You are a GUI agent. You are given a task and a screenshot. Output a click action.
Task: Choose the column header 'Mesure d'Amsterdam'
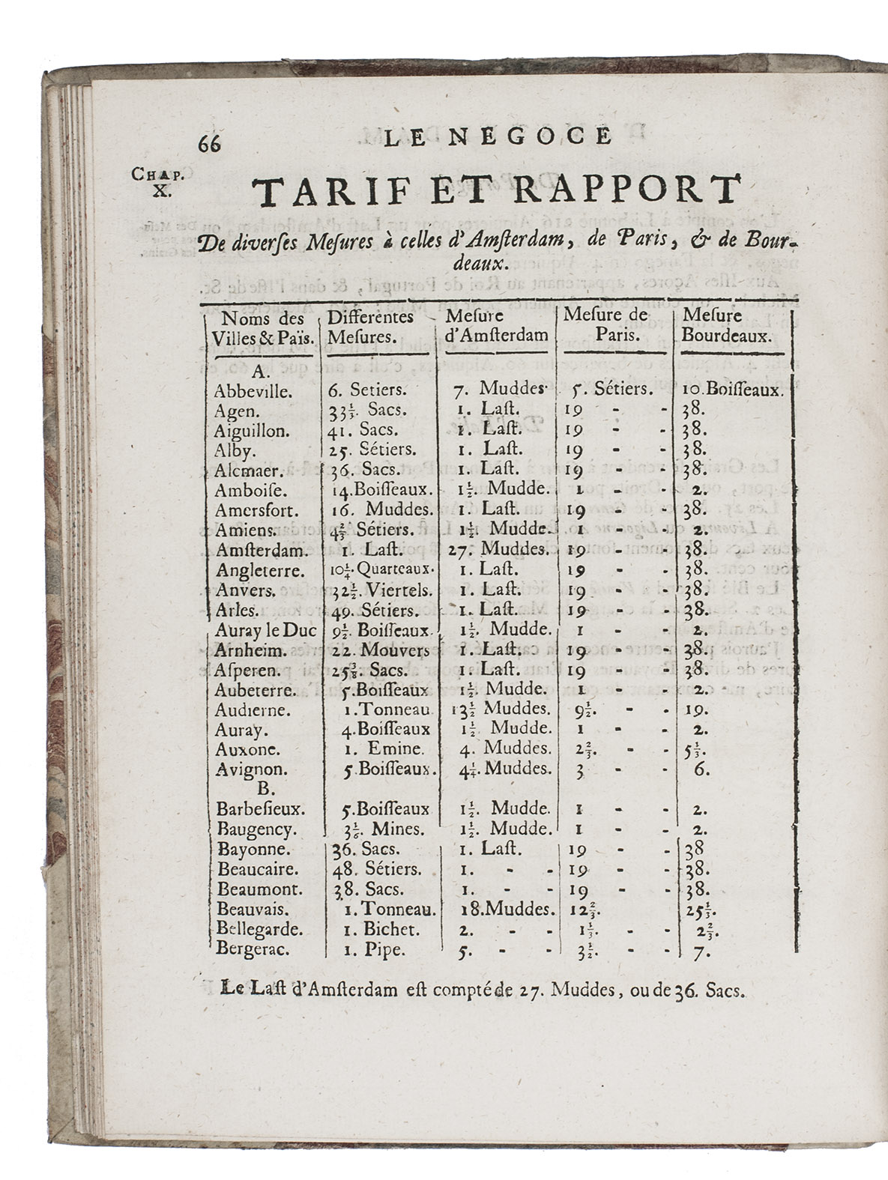tap(496, 325)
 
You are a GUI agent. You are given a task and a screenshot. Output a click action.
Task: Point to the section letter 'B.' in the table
tap(262, 788)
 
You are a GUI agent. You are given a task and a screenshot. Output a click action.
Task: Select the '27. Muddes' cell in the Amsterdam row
tap(504, 549)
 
